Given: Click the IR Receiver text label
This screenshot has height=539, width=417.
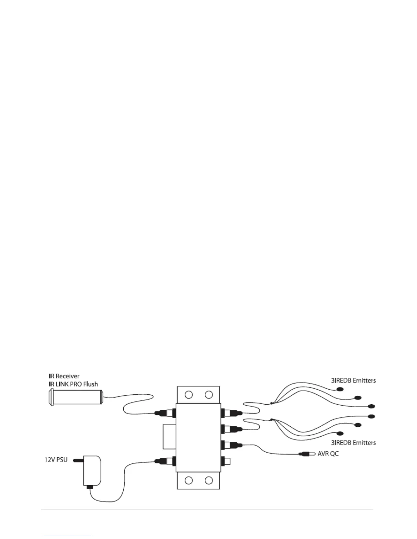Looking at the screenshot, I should (64, 376).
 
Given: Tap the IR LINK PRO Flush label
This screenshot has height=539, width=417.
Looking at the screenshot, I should (73, 384).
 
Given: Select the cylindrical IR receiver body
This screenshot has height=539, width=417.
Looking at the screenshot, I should (77, 397).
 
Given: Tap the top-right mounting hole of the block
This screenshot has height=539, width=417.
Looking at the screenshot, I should (208, 395).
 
